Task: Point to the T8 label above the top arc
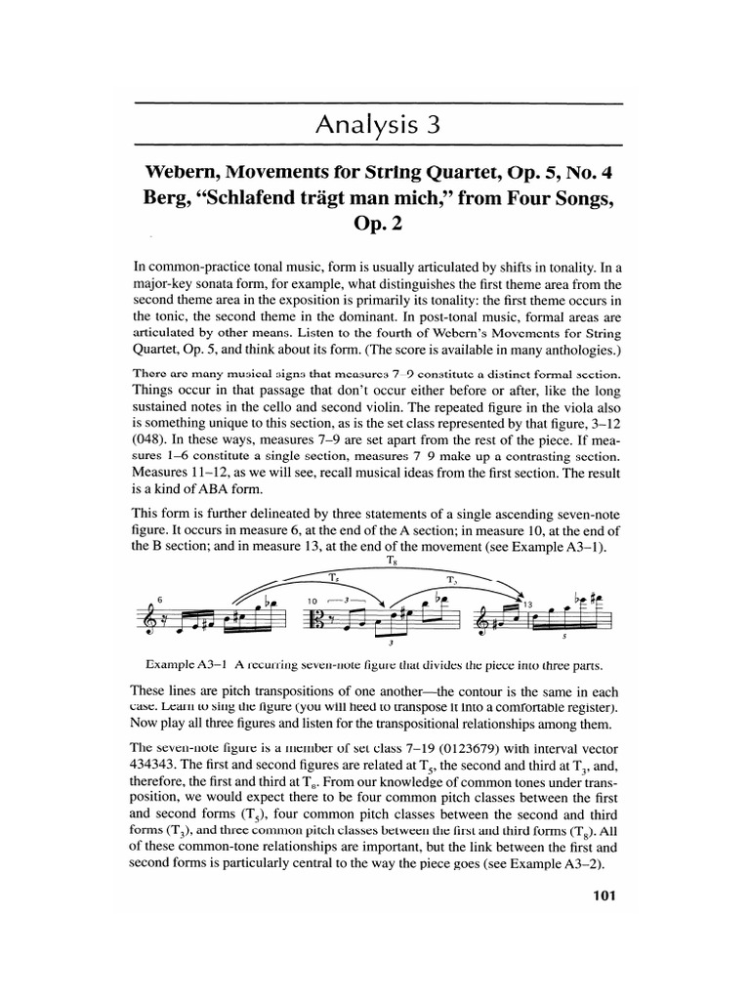[x=378, y=561]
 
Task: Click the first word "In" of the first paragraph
[x=138, y=265]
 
